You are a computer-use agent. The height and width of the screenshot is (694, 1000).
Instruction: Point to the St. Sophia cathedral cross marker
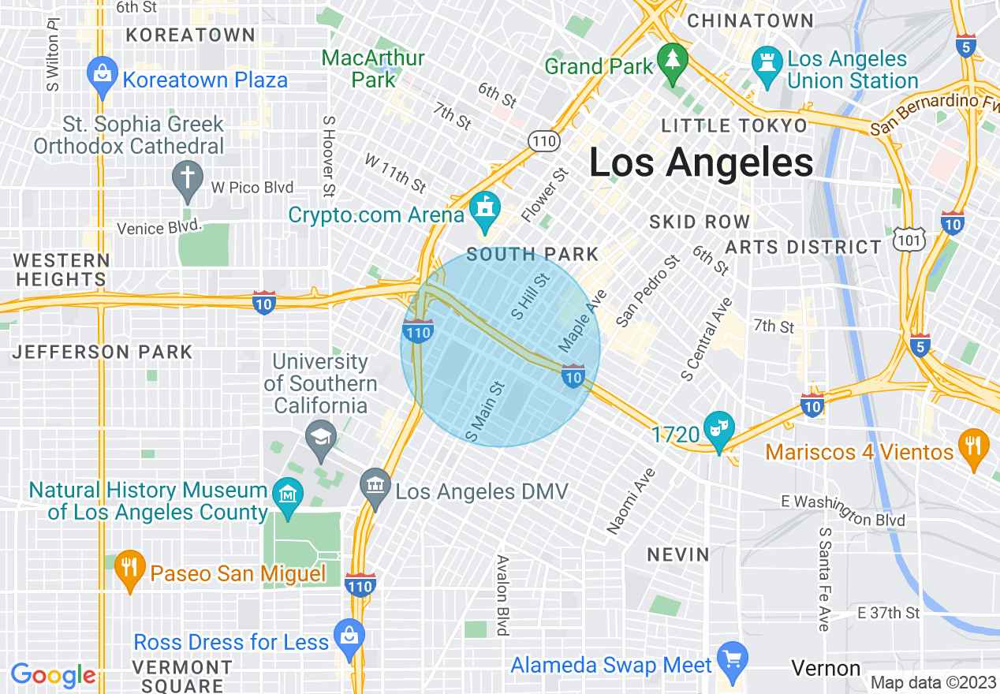pos(188,177)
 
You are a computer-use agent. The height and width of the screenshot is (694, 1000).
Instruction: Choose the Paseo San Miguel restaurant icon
pos(129,567)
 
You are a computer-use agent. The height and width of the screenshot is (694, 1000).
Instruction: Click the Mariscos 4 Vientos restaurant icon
pos(974,446)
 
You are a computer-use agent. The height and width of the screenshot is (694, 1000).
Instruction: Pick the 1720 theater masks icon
pos(718,428)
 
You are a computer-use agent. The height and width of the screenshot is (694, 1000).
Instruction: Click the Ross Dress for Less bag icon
pos(348,636)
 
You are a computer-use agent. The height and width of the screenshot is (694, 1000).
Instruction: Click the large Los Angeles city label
pos(701,163)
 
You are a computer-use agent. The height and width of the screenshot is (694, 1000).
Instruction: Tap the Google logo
pos(53,675)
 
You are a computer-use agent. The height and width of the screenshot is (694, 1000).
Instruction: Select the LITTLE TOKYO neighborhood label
pos(734,126)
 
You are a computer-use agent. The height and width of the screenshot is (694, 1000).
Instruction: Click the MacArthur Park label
pos(374,69)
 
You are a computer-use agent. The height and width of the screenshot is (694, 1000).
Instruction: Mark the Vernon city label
pos(826,669)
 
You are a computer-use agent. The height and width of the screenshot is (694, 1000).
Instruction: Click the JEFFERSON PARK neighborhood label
pos(103,353)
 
